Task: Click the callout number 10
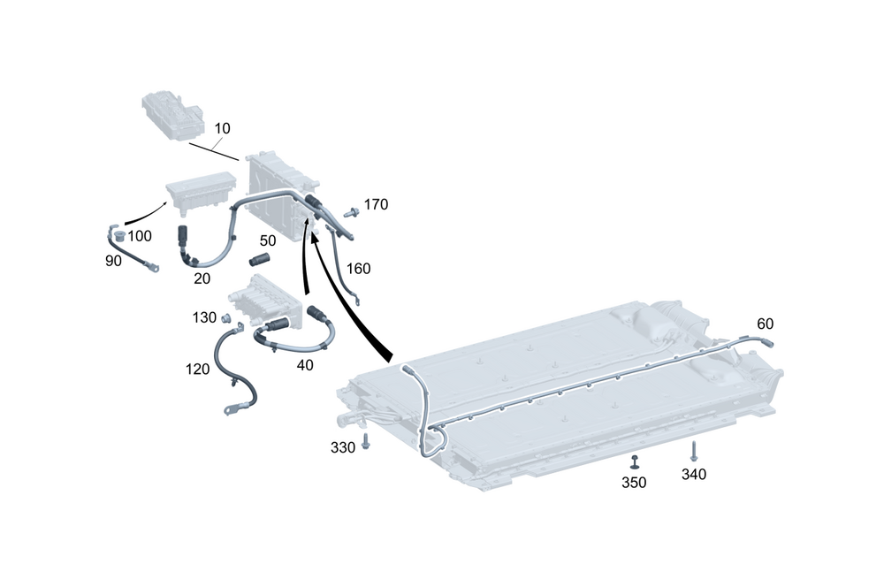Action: [222, 128]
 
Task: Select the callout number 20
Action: [202, 278]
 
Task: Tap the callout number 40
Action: [304, 363]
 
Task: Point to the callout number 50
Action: [267, 240]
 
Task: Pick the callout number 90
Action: [112, 261]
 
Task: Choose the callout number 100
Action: [140, 236]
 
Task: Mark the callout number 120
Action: [199, 369]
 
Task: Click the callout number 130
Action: [205, 316]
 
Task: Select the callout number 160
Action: [358, 269]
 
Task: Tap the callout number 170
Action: [376, 204]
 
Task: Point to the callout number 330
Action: [343, 447]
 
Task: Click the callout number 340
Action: [693, 474]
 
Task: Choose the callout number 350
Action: [634, 483]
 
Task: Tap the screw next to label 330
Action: [366, 441]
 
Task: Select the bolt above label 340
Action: [694, 452]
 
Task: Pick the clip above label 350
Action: [634, 461]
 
